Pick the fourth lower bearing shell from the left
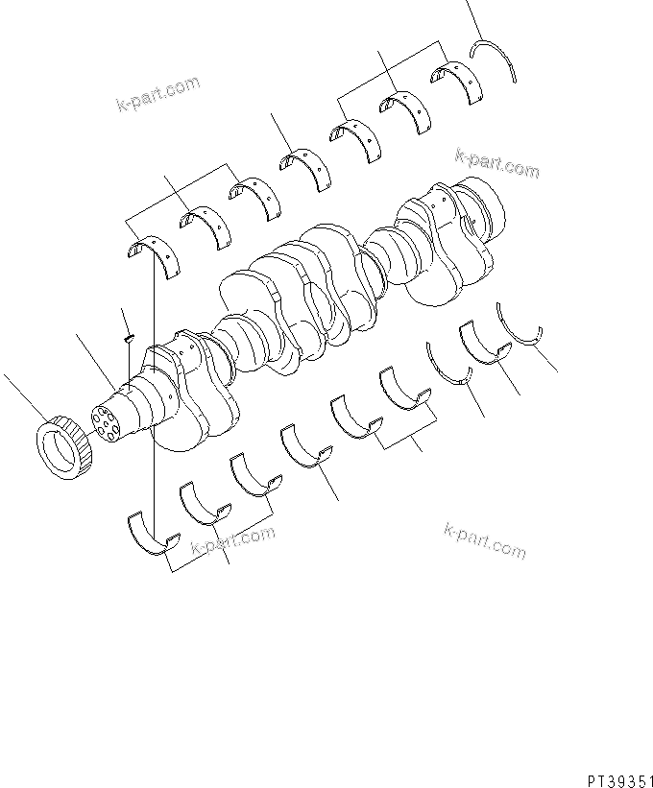click(305, 447)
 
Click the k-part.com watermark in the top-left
click(158, 94)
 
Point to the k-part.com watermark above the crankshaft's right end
click(496, 163)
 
